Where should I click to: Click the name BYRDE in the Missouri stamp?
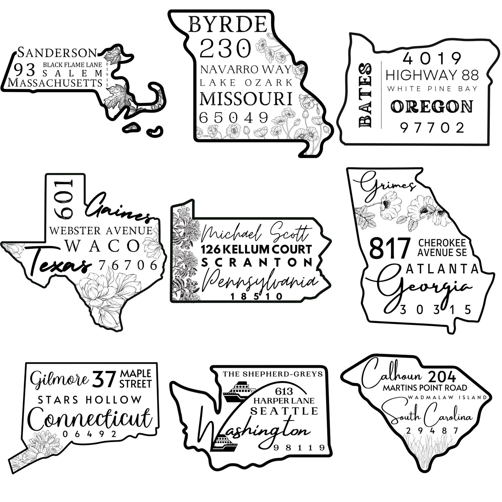click(228, 25)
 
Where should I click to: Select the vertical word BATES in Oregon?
click(365, 96)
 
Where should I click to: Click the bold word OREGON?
click(432, 107)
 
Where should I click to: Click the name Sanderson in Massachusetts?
click(57, 53)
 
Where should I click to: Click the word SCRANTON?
click(257, 263)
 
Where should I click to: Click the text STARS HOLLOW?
click(90, 400)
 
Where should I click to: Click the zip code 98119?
click(299, 447)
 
